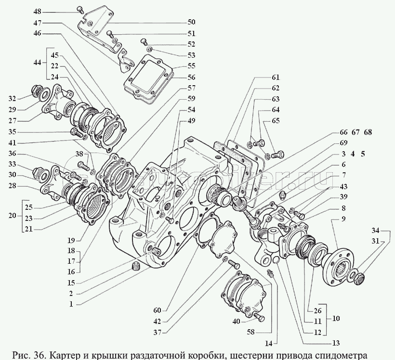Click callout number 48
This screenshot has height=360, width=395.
point(37,12)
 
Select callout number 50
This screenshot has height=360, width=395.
point(191,22)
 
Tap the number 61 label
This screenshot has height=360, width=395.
point(276,77)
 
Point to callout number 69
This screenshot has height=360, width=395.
point(343,143)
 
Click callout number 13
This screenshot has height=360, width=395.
point(336,343)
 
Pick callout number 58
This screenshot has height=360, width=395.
point(251,332)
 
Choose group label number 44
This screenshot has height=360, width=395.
point(37,63)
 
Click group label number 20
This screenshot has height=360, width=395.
point(12,216)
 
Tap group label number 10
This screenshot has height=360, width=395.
point(336,319)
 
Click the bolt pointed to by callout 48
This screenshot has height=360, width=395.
point(80,10)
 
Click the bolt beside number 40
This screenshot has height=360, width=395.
point(259,317)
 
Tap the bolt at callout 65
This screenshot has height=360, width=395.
point(278,154)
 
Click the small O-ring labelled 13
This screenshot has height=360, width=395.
point(276,261)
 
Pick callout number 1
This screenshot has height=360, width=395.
point(71,304)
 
